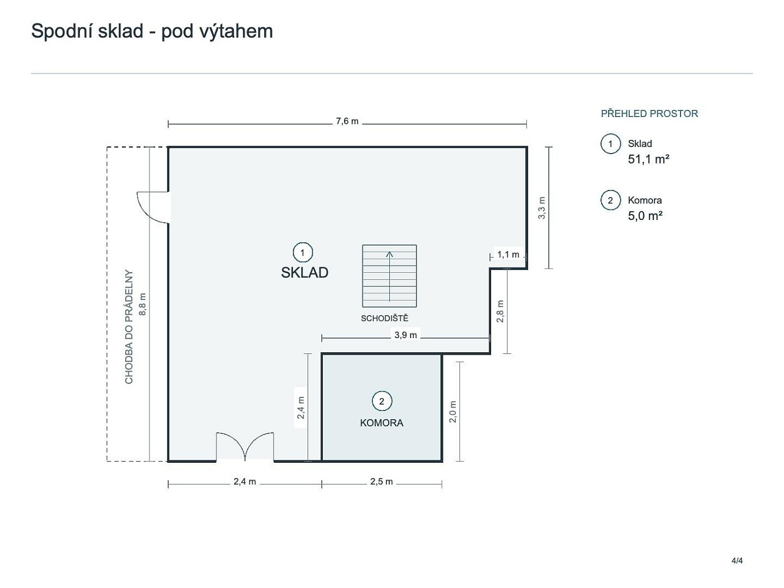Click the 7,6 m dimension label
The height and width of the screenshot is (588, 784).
[347, 121]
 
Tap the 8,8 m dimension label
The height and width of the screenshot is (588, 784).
[142, 304]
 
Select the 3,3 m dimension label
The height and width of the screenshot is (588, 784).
[542, 208]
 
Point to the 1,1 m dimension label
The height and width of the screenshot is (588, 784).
[508, 255]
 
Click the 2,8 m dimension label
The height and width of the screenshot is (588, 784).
[500, 311]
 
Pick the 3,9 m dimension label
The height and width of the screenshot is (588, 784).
[405, 335]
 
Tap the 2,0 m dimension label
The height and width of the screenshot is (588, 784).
[452, 412]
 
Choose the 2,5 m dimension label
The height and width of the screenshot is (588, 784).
[382, 482]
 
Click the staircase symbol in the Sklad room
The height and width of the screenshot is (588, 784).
[389, 276]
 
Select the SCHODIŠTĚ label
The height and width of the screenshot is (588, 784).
[384, 318]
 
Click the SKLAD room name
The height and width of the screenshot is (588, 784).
[304, 273]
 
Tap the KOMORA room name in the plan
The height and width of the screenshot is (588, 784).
[382, 423]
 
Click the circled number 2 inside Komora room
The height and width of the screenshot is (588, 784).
[382, 401]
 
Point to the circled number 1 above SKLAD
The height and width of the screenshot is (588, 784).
[302, 253]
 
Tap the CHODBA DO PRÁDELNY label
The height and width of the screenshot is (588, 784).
[129, 327]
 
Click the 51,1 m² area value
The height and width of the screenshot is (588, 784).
[648, 159]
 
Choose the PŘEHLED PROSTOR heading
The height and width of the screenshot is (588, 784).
[649, 113]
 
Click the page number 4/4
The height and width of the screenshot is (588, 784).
[737, 560]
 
